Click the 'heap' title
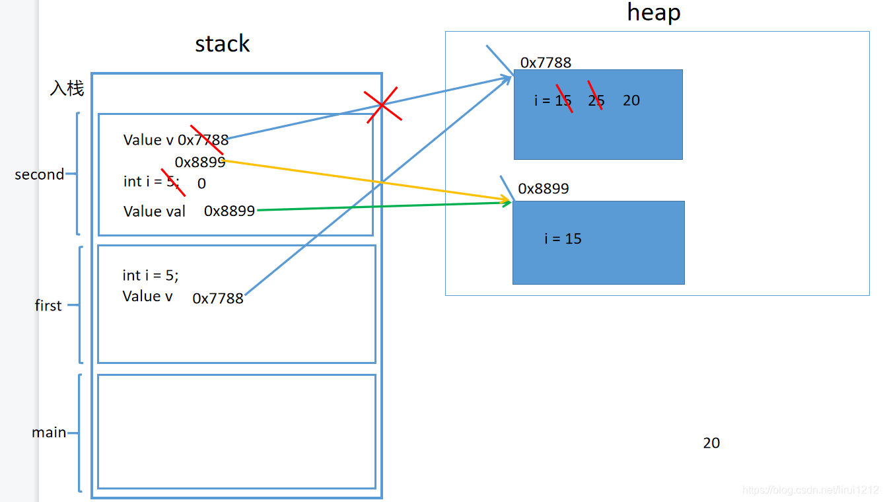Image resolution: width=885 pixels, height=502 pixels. coord(654,13)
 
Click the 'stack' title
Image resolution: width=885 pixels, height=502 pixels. coord(223,44)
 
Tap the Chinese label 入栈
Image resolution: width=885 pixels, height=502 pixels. coord(67,88)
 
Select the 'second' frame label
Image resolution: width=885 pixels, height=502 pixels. coord(39,174)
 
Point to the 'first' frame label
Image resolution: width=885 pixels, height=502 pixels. coord(48,305)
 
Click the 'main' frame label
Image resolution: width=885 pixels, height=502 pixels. coord(49,432)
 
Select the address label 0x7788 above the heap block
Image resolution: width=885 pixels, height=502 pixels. coord(546,63)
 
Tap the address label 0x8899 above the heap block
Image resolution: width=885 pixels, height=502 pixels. coord(544,188)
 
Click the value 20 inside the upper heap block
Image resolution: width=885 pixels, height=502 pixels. coord(631,100)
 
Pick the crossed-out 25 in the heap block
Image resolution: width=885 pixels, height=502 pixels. coord(596,100)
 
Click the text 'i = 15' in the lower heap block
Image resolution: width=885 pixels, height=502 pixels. coord(563,238)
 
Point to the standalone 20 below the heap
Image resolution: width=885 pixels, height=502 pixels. coord(711,443)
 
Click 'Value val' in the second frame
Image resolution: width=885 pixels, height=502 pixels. coord(154,211)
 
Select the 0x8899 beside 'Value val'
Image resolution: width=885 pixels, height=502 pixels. coord(229,211)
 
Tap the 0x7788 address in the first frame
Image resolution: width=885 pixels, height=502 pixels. coord(218,299)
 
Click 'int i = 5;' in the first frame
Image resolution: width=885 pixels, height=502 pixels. coord(151,275)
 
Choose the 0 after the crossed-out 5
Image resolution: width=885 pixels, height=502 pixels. coord(201,184)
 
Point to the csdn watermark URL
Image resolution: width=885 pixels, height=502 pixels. coord(810,490)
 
